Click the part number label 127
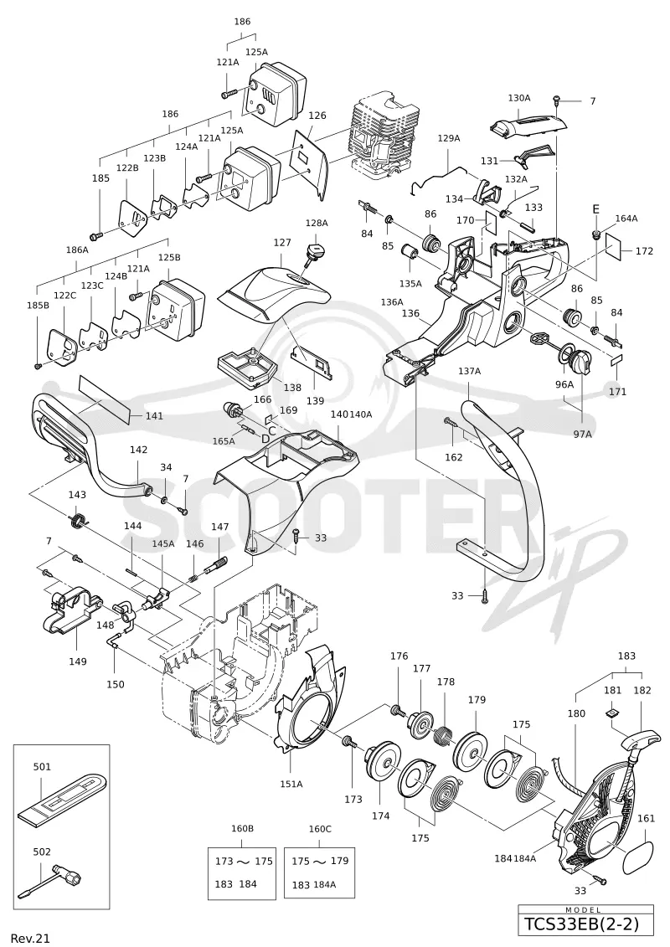282,243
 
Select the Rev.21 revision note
30,938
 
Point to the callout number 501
42,767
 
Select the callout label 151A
291,784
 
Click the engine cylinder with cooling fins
379,136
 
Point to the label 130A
519,98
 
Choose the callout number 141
155,416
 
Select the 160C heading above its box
320,829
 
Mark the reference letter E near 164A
595,209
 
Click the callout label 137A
470,372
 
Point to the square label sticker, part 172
614,246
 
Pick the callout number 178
446,682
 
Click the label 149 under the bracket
77,661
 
